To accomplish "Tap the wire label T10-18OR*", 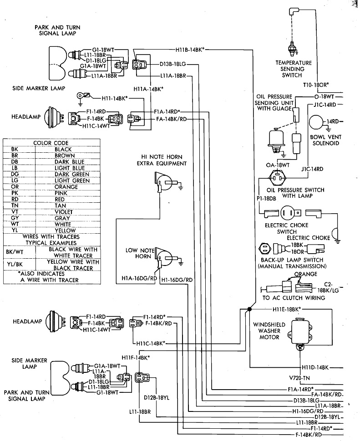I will (x=316, y=85).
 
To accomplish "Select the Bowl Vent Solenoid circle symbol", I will (x=317, y=122).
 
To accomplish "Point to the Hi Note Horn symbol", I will (x=162, y=182).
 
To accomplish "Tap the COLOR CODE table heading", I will (x=51, y=143).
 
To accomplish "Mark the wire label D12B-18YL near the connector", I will (x=157, y=397).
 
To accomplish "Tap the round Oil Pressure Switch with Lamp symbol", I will (x=278, y=179).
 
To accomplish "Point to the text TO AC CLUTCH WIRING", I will (x=294, y=298).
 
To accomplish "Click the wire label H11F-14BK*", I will (x=136, y=358).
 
